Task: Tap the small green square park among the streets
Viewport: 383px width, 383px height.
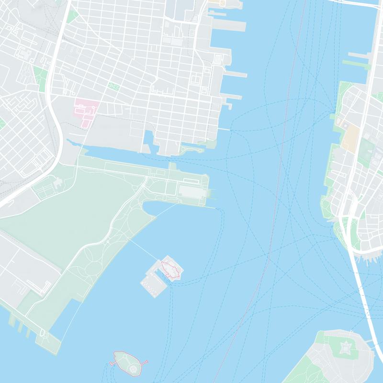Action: click(x=114, y=86)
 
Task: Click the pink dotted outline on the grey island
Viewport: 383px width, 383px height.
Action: click(x=171, y=269)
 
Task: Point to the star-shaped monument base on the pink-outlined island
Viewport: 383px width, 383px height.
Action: click(x=134, y=367)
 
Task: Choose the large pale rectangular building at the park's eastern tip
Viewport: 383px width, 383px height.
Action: click(x=191, y=191)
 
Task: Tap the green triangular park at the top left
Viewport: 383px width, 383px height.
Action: click(x=72, y=16)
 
